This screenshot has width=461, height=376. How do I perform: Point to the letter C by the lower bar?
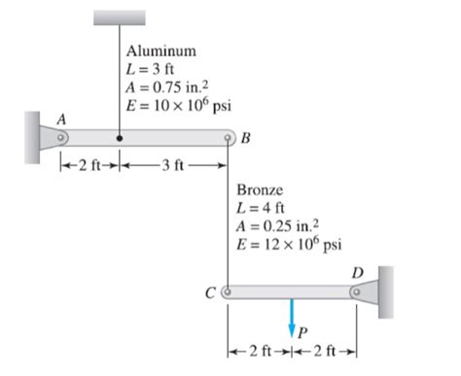[x=214, y=290]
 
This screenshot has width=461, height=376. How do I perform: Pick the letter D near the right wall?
[x=362, y=274]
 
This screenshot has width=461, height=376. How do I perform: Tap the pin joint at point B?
[x=229, y=138]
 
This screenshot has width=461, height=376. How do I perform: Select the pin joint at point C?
[x=229, y=290]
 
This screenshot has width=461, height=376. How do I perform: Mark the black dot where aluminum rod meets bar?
[x=119, y=138]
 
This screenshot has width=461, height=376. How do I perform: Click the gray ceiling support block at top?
[x=119, y=17]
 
